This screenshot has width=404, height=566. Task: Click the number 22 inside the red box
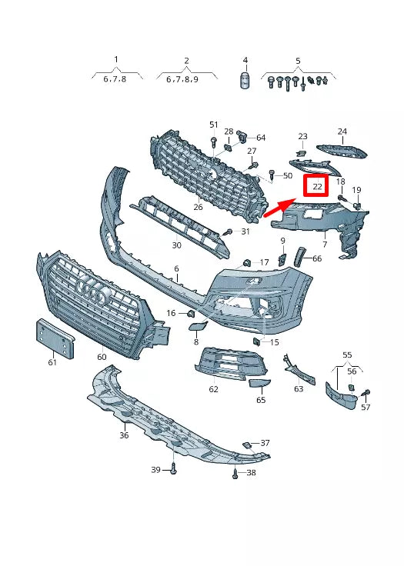317,186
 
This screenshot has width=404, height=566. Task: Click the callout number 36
124,435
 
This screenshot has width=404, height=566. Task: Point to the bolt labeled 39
173,468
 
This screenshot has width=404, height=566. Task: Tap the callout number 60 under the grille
102,357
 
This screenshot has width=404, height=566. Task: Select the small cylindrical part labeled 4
245,82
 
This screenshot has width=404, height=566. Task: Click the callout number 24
342,132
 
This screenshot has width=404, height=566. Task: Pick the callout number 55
347,356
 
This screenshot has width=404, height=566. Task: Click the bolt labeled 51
213,142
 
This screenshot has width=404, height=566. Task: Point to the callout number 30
176,245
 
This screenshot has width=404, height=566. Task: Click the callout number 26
199,206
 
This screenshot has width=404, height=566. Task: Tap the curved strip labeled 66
301,255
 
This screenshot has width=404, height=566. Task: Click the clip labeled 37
248,444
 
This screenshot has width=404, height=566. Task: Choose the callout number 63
299,389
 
